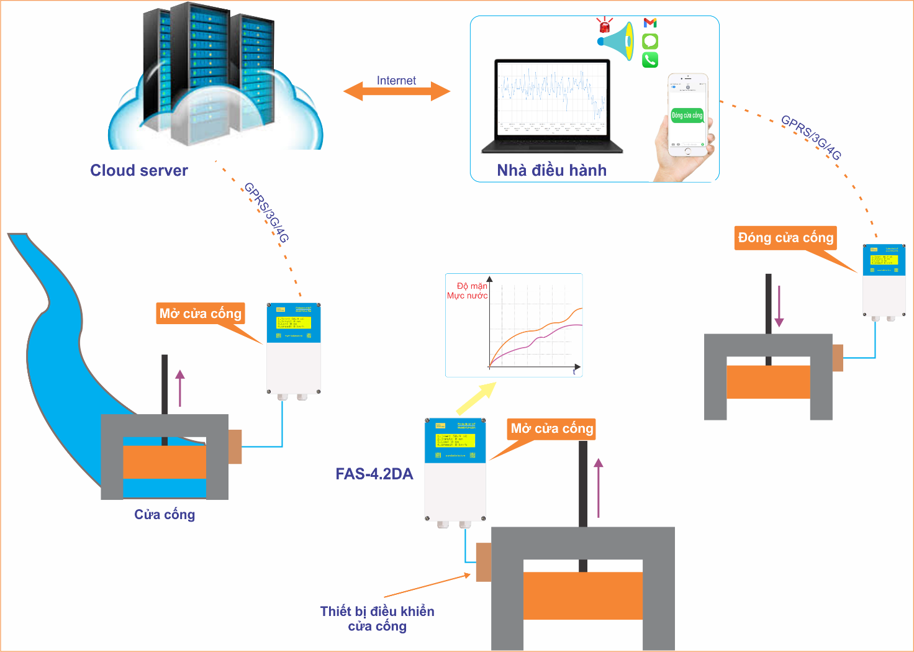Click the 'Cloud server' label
point(139,171)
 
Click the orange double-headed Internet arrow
point(396,92)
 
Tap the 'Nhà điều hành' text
point(551,171)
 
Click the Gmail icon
point(650,23)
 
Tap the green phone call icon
point(650,60)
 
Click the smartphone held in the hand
point(687,115)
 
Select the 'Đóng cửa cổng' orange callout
point(785,238)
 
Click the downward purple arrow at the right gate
point(779,306)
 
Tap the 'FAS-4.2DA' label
point(374,474)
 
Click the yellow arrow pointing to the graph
point(476,398)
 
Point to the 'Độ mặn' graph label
point(472,286)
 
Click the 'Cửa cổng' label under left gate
point(165,515)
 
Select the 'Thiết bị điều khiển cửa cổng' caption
point(377,618)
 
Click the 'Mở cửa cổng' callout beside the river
point(200,314)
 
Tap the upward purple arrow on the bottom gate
point(599,488)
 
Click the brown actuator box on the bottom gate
point(484,562)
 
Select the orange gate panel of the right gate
point(768,382)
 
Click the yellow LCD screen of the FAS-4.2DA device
point(455,440)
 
